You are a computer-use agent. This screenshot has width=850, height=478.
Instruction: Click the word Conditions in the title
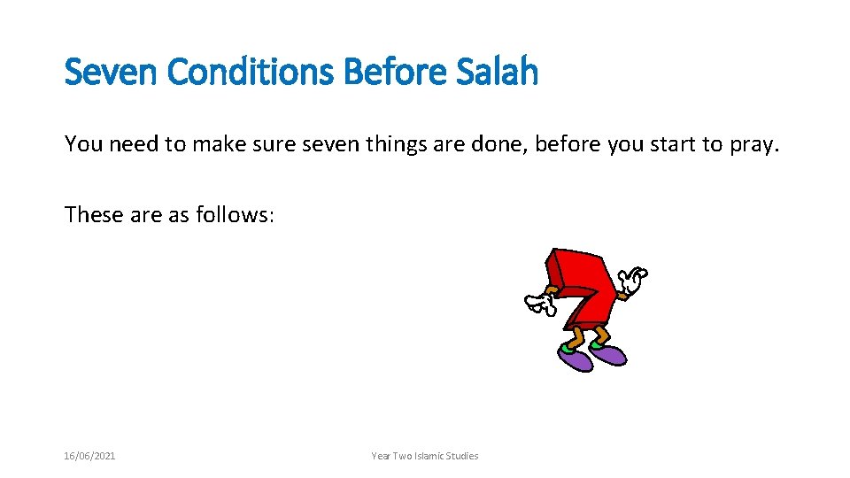coord(251,72)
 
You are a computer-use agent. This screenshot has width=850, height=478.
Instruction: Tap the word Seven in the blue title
coord(112,72)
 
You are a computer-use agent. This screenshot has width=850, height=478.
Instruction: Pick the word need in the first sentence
coord(133,144)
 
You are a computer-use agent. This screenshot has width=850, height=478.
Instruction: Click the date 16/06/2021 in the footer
coord(89,456)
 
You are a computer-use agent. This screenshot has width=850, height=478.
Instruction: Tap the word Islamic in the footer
coord(430,456)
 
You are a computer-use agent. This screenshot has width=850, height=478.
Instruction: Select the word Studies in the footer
coord(463,456)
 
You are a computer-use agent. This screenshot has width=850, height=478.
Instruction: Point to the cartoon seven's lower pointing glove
coord(538,305)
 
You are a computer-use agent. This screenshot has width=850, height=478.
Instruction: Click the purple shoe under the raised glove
coord(610,354)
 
